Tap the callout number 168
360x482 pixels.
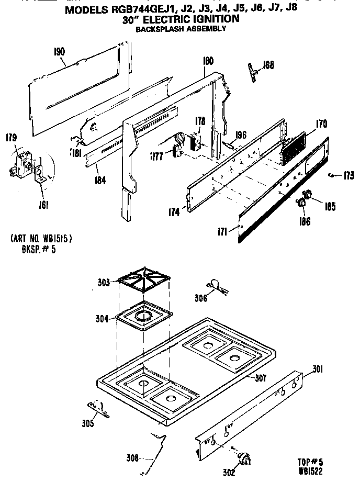(x=268, y=65)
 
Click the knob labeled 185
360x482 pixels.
(x=307, y=195)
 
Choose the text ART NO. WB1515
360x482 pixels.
(x=41, y=238)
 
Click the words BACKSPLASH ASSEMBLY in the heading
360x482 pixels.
(x=181, y=29)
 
